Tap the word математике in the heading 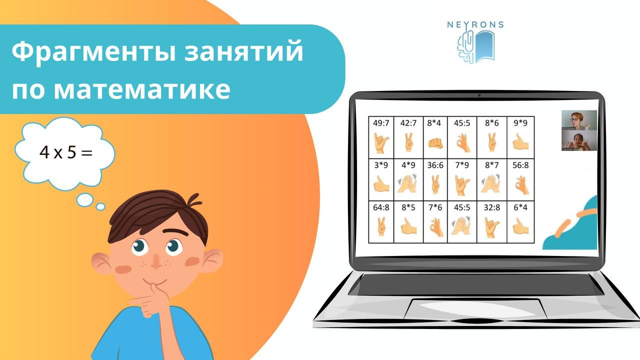pos(141,90)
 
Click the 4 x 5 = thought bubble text pos(66,152)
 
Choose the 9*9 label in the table pos(520,122)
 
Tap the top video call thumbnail pos(579,120)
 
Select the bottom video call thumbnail pos(579,140)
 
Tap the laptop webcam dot pos(478,95)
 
